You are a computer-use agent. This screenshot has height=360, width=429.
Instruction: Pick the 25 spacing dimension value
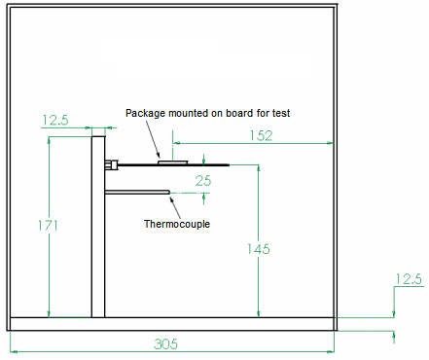click(203, 181)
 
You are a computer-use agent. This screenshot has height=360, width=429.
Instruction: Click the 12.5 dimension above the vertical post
click(55, 121)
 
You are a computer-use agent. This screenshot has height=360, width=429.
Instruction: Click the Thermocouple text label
click(177, 224)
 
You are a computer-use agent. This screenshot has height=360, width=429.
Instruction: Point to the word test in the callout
click(282, 113)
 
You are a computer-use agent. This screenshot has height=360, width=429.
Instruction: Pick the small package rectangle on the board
click(175, 162)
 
